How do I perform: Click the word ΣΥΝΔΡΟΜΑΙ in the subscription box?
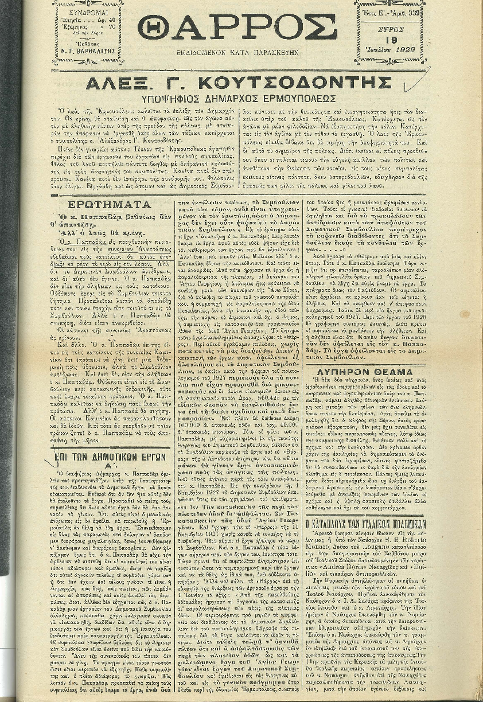[88, 11]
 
